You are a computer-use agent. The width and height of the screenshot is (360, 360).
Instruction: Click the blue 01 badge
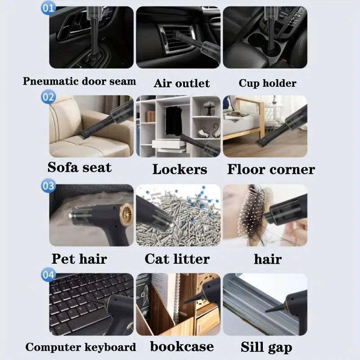click(48, 8)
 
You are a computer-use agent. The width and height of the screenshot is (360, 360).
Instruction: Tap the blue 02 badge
click(48, 97)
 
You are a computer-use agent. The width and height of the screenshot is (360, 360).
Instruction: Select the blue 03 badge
click(48, 185)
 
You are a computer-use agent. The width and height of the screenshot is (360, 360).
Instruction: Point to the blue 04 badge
click(48, 274)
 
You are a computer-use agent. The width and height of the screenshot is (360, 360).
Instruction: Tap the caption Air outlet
click(182, 83)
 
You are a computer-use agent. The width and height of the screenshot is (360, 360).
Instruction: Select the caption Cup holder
click(267, 83)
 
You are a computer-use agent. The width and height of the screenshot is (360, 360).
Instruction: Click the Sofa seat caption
click(80, 167)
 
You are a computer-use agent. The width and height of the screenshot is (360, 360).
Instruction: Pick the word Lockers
click(180, 170)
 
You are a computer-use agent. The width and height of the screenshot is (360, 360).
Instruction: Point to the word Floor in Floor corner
click(246, 170)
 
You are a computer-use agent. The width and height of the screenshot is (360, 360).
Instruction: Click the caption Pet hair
click(80, 259)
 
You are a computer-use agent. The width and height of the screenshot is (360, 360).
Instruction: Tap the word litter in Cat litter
click(192, 259)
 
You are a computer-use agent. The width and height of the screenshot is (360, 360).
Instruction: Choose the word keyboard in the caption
click(110, 347)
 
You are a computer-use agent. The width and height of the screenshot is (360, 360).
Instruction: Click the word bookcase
click(182, 346)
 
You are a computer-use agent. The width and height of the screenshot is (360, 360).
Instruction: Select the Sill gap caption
click(266, 347)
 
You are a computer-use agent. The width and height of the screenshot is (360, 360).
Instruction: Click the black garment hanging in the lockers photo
click(174, 121)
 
